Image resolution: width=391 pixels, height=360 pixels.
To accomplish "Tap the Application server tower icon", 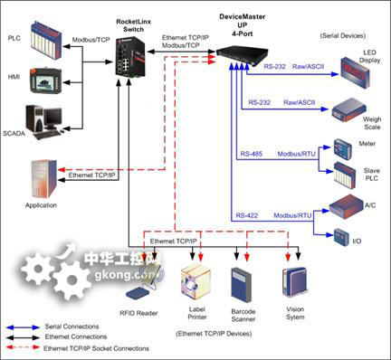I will (x=43, y=180).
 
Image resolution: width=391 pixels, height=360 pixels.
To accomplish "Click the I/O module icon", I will (x=341, y=238).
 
